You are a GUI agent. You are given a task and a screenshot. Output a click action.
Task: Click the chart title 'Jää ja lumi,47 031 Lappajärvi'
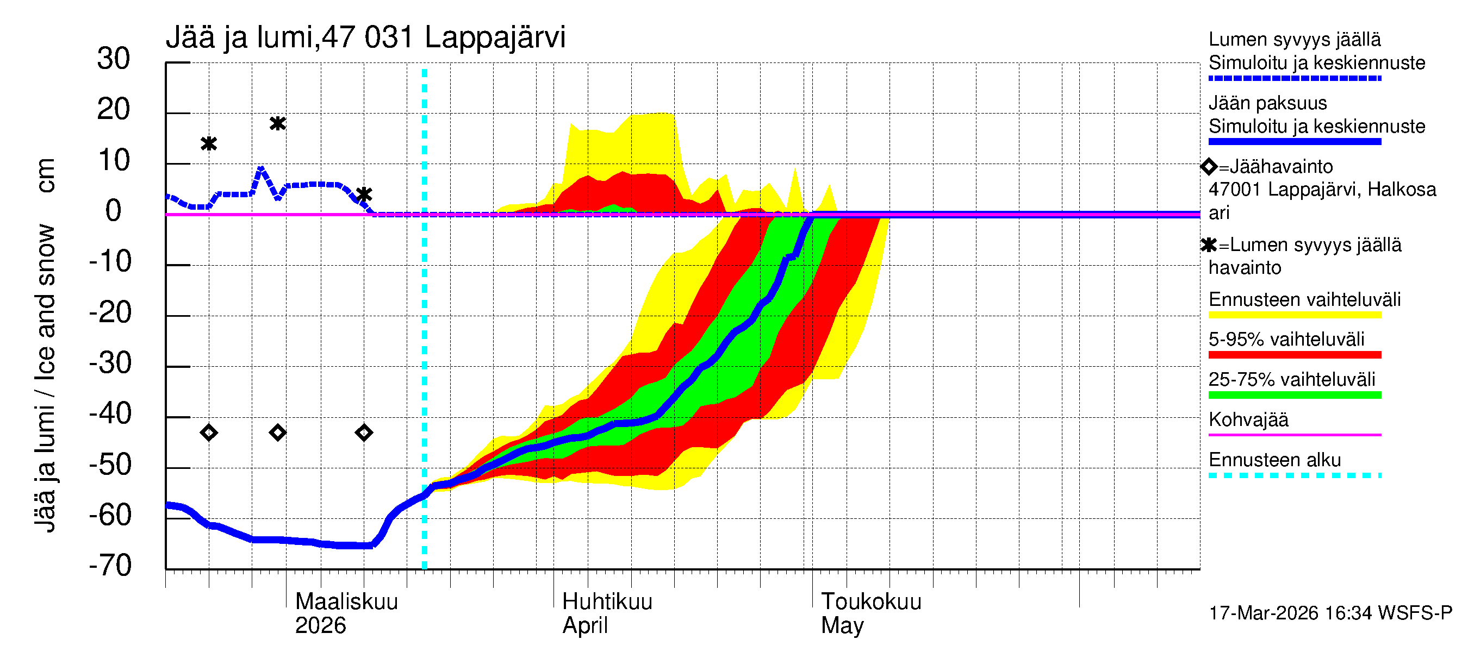click(365, 37)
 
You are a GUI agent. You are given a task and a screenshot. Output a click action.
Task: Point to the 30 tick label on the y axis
click(114, 59)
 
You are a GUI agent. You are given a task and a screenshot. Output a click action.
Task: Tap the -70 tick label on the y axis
click(110, 566)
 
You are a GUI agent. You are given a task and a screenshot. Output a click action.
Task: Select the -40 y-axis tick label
click(110, 414)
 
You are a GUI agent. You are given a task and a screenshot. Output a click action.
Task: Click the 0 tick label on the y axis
click(114, 211)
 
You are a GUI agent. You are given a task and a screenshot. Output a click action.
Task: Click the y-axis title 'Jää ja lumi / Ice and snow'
click(45, 378)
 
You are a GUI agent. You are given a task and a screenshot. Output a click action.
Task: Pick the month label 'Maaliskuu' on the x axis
click(346, 602)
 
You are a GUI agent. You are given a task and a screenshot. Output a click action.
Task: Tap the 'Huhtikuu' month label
click(607, 602)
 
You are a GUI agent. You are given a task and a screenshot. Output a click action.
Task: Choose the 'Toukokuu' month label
click(871, 602)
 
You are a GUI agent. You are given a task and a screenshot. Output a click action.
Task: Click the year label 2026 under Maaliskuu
click(320, 626)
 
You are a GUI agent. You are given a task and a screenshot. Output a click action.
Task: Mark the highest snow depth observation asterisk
click(277, 123)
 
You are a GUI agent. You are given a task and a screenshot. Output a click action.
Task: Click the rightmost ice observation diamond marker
click(364, 433)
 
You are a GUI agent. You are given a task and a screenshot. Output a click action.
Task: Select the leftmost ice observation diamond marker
click(209, 433)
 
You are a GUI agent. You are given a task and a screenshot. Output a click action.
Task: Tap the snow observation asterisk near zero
click(364, 195)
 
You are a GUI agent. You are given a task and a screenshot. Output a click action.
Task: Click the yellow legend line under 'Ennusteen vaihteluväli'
click(1294, 315)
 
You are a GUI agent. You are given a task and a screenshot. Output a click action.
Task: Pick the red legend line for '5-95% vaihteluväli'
click(1294, 355)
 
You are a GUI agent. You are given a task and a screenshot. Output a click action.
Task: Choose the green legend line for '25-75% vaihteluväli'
click(1294, 395)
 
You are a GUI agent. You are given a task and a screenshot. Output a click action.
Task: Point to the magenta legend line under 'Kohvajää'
click(1294, 435)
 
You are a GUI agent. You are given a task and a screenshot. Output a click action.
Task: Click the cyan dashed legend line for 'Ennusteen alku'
click(1294, 475)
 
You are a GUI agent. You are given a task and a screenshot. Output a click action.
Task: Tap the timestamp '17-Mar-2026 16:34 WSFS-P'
click(1330, 613)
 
